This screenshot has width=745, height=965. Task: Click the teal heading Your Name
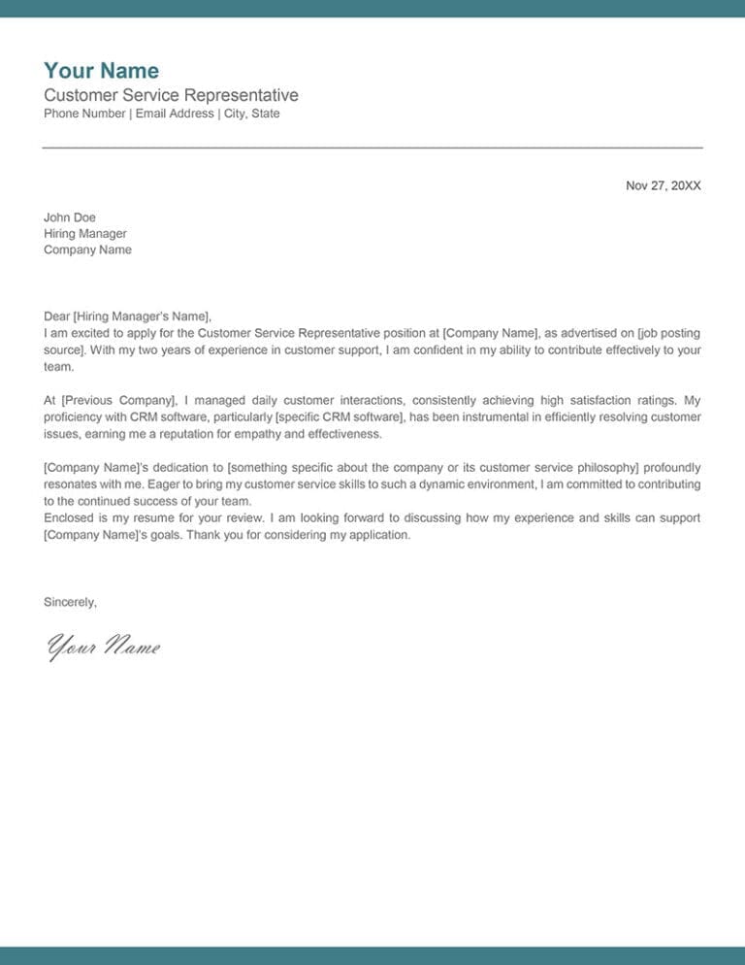click(101, 71)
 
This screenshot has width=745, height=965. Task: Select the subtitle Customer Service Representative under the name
click(171, 95)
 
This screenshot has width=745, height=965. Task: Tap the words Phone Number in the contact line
click(84, 114)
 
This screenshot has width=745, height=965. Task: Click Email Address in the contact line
click(174, 114)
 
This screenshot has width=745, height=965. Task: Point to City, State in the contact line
click(251, 114)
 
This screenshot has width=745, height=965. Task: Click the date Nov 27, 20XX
click(663, 185)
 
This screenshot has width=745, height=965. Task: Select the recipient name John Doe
click(70, 217)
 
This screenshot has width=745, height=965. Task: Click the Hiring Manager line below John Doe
click(85, 234)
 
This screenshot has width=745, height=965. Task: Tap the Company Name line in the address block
click(87, 250)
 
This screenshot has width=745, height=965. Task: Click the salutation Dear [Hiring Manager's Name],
click(127, 316)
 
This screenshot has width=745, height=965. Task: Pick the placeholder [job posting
click(668, 332)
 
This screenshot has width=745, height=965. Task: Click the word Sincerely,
click(70, 602)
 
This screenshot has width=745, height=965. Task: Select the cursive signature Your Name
click(103, 646)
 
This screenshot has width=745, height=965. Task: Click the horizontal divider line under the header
click(372, 148)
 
